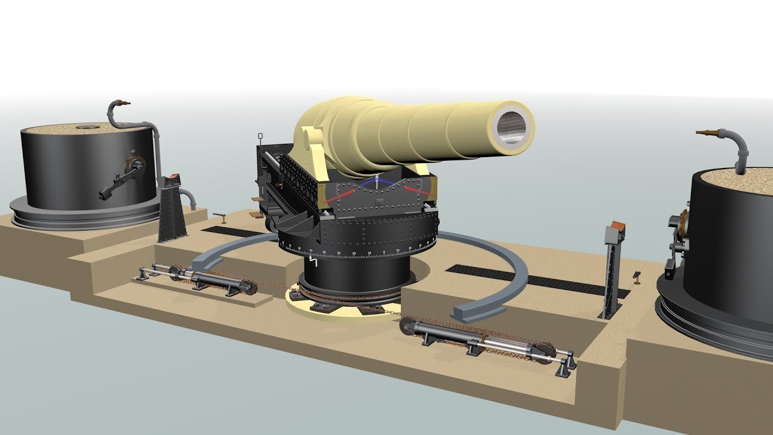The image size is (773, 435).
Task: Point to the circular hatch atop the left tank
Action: click(x=88, y=127)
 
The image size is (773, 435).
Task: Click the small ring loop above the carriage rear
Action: click(x=260, y=135)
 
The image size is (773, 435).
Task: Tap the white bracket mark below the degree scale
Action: click(x=313, y=261)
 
